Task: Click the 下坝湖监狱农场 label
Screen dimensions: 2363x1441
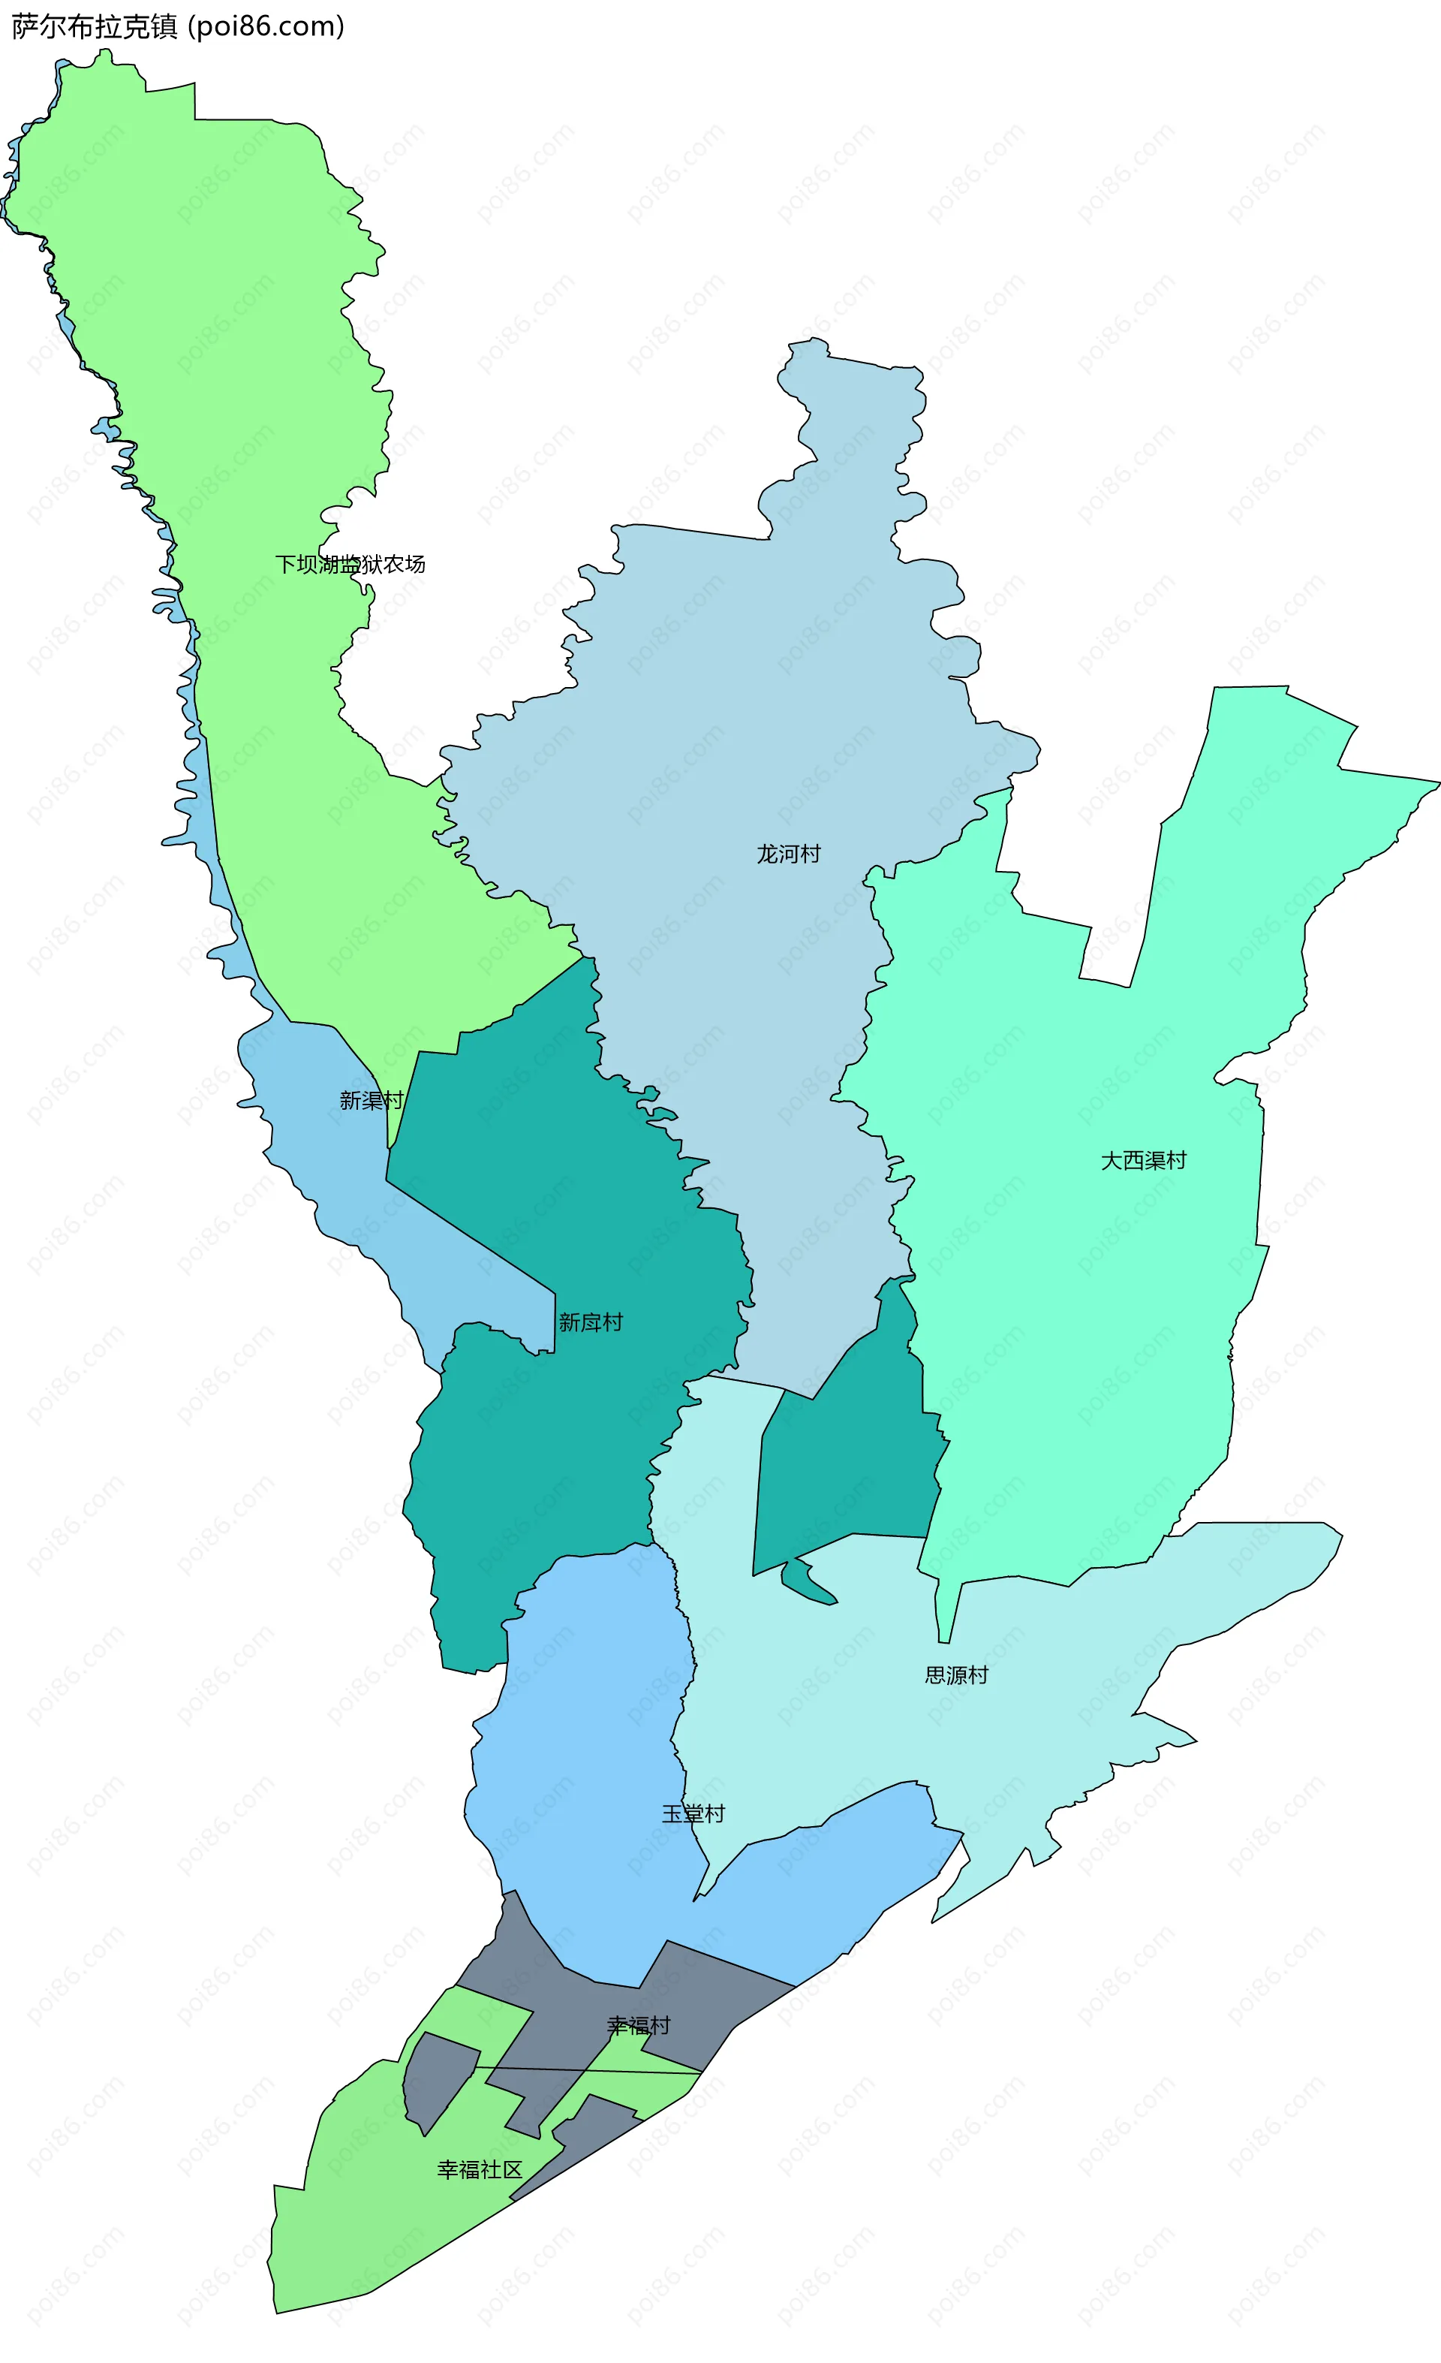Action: click(x=350, y=564)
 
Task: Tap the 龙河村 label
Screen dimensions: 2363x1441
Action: click(x=788, y=854)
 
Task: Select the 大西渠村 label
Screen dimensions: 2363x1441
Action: click(x=1143, y=1160)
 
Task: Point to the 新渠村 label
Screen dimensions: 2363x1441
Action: click(x=371, y=1100)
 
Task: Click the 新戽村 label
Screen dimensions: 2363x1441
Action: click(x=591, y=1322)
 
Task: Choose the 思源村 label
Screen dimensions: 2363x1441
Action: click(x=956, y=1675)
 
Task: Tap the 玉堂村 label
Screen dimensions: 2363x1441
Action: click(x=693, y=1813)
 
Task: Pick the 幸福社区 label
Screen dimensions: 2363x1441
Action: click(x=480, y=2170)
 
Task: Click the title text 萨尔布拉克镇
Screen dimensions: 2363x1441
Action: click(x=95, y=27)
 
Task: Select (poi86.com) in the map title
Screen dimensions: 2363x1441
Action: click(x=266, y=27)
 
